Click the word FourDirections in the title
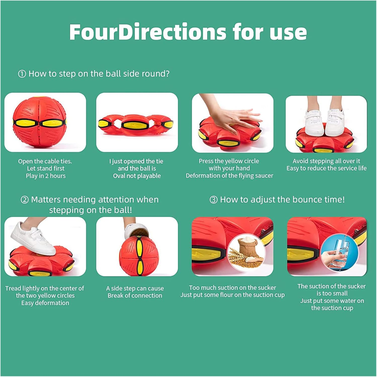(148, 32)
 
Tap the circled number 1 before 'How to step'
(22, 74)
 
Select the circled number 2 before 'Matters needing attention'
(25, 200)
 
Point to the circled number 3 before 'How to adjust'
(213, 200)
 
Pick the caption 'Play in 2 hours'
(46, 176)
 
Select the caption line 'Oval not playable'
(137, 176)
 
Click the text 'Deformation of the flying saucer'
(230, 176)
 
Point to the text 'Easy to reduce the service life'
(327, 168)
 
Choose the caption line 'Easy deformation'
(45, 303)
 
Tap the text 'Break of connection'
(135, 296)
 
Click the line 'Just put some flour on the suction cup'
(233, 295)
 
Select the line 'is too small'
(332, 294)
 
